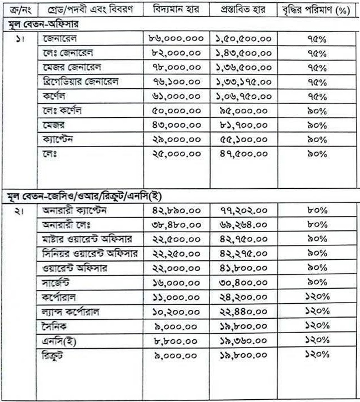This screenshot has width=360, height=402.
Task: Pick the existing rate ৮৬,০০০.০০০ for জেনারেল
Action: point(176,39)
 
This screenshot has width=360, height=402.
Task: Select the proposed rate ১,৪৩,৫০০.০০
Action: point(242,53)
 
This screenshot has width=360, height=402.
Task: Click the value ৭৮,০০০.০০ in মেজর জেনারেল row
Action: point(176,68)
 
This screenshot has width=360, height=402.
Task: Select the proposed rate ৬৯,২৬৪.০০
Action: point(242,225)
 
